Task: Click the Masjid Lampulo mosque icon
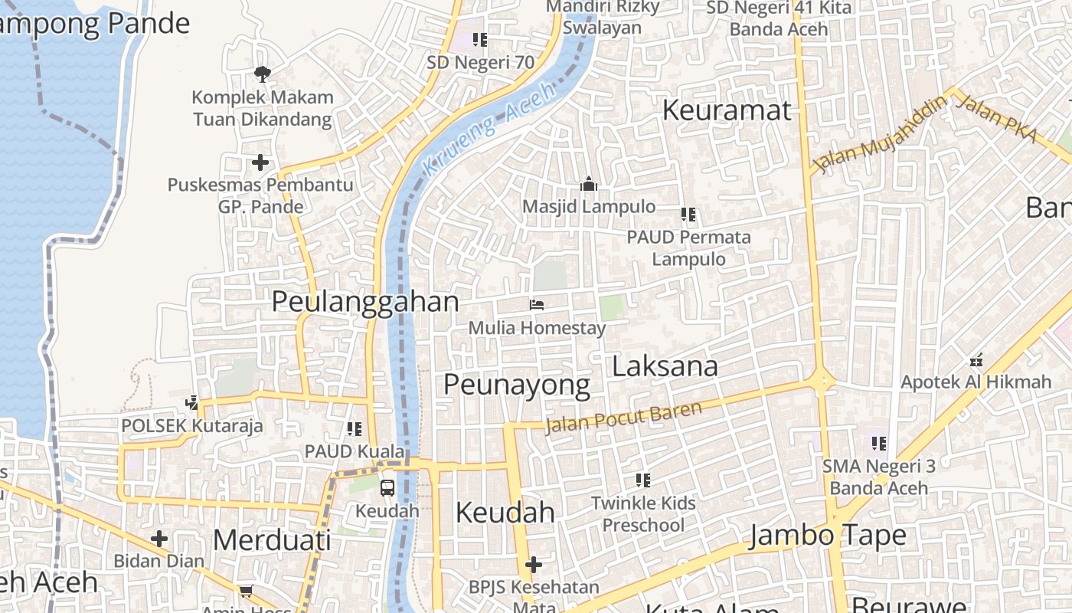point(588,184)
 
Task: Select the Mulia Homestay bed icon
point(537,304)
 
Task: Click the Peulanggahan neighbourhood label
point(365,301)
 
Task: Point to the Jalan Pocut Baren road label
point(623,416)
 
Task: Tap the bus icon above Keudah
point(387,487)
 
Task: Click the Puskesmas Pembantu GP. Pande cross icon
point(260,162)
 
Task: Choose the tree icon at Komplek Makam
point(262,74)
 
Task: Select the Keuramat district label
point(726,110)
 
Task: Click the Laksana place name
point(665,366)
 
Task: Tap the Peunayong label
point(517,385)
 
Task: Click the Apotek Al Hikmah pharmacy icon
point(976,359)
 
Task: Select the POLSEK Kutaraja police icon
point(192,402)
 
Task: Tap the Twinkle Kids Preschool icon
point(643,480)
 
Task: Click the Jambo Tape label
point(828,535)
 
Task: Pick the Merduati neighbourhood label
point(272,540)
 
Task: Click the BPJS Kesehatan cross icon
point(534,565)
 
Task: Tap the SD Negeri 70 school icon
point(480,40)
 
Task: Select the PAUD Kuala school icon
point(354,429)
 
